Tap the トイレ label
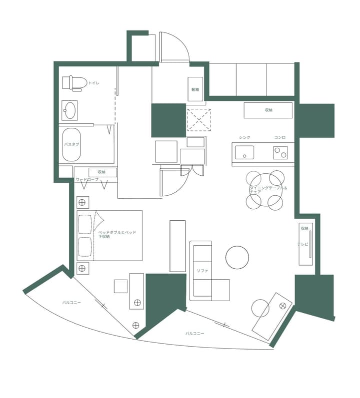94,83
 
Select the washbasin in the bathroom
69,110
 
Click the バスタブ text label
71,144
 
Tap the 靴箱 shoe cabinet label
195,90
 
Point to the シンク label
244,137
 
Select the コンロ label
280,137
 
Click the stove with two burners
280,152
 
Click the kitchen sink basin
244,152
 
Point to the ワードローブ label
87,179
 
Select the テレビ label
303,244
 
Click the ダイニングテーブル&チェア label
269,190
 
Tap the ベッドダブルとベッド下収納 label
116,234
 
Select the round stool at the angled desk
260,308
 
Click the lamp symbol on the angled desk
282,305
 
